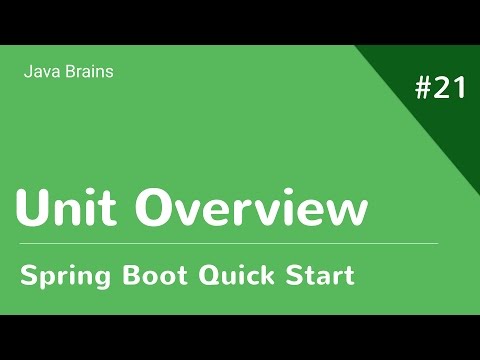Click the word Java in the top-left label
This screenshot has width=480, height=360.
coord(38,72)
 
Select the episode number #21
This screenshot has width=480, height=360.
coord(439,88)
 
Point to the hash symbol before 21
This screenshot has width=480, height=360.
coord(421,88)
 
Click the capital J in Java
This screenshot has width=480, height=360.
coord(26,72)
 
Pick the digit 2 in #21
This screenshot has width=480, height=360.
coord(441,88)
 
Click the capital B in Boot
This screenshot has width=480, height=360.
coord(131,274)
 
